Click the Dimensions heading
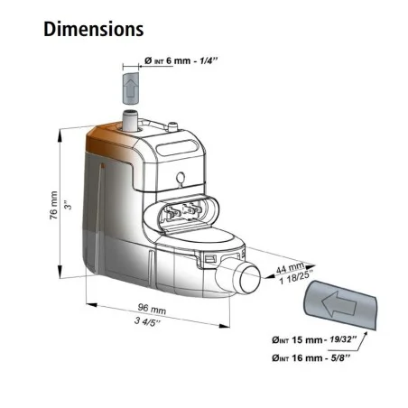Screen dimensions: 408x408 94,29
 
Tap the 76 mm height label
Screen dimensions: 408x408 53,205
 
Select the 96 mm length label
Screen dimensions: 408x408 152,309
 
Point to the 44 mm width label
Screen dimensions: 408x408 290,267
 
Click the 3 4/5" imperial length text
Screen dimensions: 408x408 147,321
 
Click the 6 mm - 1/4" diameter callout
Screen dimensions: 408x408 181,60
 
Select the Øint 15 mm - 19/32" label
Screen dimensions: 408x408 314,339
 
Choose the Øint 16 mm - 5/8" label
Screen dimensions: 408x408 311,357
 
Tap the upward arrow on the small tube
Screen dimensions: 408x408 131,88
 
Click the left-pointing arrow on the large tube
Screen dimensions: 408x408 338,303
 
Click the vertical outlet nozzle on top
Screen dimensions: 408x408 129,120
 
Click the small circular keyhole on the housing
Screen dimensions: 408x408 181,178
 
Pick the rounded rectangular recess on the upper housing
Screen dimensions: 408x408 176,147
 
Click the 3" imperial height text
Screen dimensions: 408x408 69,205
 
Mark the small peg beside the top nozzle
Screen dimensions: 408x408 172,125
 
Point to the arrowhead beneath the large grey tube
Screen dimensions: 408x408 365,334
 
